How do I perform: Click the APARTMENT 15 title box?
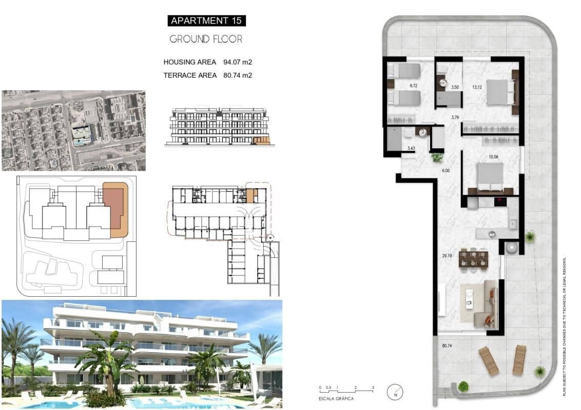[x=206, y=20]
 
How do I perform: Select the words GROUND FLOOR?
[x=206, y=39]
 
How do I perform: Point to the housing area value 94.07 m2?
[x=238, y=62]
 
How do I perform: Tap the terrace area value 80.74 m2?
[x=238, y=75]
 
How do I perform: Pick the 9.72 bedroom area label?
[x=413, y=86]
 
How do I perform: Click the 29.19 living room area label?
[x=446, y=255]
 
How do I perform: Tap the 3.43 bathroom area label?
[x=411, y=149]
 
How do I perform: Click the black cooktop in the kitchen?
[x=500, y=202]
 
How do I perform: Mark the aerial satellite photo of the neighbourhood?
[x=73, y=131]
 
